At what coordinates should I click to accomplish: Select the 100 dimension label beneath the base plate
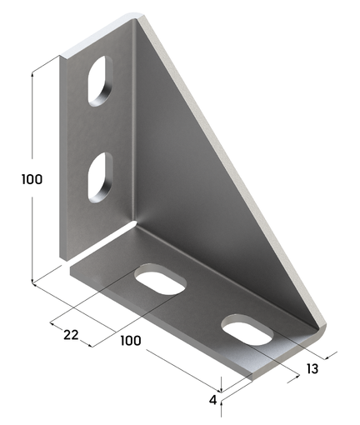131,340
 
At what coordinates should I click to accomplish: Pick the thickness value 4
213,401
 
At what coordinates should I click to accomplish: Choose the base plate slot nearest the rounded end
247,329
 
